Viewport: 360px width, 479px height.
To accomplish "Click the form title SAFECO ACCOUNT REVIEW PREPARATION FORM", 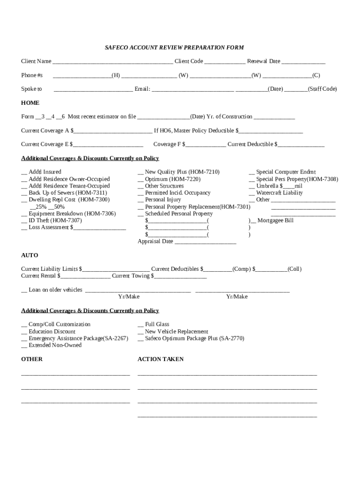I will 174,48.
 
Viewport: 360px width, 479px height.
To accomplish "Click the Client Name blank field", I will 112,62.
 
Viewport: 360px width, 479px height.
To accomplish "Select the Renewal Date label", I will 264,61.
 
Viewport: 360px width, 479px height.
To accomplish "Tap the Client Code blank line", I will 224,62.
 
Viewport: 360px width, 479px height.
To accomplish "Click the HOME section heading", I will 30,103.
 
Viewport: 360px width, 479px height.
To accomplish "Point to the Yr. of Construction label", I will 230,116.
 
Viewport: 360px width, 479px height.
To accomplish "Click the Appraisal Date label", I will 155,241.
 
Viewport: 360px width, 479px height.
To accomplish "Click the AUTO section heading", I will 29,255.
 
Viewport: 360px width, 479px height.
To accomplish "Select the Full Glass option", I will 157,324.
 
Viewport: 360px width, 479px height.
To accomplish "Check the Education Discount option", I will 51,331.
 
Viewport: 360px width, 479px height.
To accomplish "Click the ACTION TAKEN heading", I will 160,359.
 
